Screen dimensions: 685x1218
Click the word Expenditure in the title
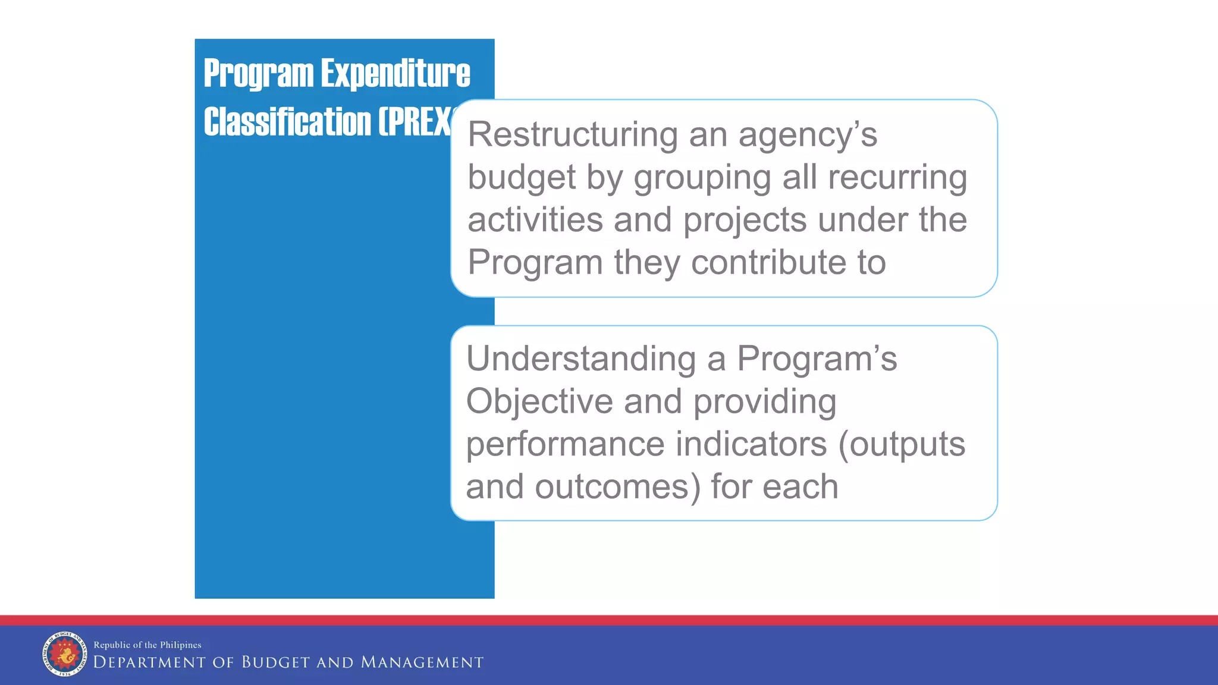[395, 73]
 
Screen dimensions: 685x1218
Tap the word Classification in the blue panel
[287, 122]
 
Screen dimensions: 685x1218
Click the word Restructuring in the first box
[572, 134]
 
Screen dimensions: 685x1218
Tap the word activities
[535, 219]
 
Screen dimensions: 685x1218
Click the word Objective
[539, 402]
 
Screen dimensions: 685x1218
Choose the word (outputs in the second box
[901, 445]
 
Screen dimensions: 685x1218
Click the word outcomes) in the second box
[617, 487]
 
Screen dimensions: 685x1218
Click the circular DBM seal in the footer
[64, 654]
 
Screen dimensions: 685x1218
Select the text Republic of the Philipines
[147, 645]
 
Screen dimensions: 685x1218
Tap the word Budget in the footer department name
[275, 662]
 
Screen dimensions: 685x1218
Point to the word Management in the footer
[422, 662]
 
